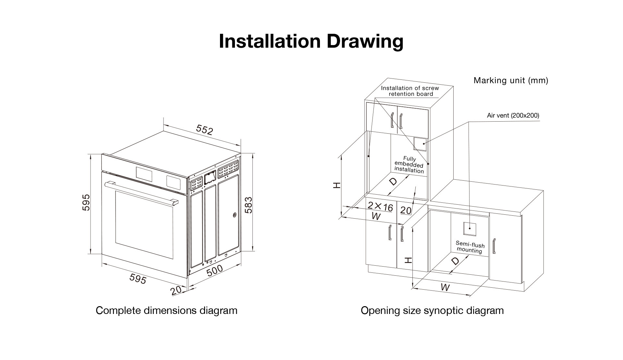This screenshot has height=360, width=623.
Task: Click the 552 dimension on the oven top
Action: coord(204,130)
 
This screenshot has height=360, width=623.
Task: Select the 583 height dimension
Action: coord(248,205)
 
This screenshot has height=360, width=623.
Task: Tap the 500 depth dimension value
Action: coord(214,270)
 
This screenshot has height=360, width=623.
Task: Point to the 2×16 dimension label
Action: coord(380,207)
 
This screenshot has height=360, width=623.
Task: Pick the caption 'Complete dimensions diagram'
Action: coord(166,310)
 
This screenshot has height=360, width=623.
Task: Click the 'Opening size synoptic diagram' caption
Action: coord(432,310)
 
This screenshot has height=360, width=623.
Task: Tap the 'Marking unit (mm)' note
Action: coord(511,80)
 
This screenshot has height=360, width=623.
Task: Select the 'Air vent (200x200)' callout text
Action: coord(513,115)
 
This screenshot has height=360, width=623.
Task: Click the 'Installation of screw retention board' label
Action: coord(410,91)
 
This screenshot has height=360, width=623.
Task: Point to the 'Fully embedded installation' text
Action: coord(409,165)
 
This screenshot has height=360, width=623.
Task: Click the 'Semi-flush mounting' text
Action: coord(470,247)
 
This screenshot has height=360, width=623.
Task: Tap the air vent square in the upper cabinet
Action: coord(420,143)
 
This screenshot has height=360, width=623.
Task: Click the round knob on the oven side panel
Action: coord(234,214)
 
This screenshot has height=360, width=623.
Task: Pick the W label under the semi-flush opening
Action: coord(445,287)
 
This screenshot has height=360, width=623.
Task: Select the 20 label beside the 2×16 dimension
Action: coord(406,210)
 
